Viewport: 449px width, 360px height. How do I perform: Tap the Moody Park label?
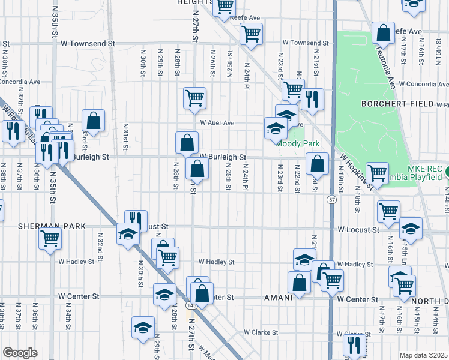(x=297, y=143)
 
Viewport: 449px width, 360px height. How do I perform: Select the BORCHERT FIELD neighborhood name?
(x=397, y=104)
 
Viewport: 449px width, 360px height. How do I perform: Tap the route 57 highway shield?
(x=331, y=199)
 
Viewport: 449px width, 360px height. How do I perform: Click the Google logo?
(x=20, y=353)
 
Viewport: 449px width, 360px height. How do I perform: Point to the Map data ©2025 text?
(x=423, y=355)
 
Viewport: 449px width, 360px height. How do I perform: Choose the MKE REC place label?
(x=425, y=170)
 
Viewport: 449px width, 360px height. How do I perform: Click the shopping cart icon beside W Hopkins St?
(x=377, y=173)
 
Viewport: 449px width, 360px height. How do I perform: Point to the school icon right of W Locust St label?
(x=411, y=227)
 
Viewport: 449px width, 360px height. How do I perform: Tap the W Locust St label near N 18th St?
(x=358, y=230)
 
